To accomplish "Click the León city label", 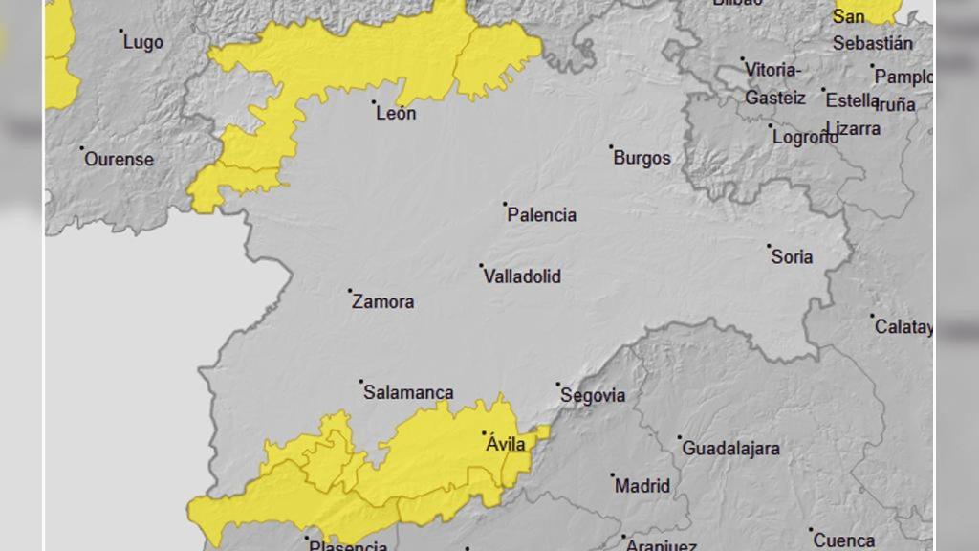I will click(397, 113).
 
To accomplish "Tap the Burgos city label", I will click(642, 159).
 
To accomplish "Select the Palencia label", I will click(542, 215).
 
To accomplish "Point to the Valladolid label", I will click(522, 276).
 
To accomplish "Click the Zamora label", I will click(383, 302).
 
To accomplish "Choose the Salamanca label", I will click(408, 393).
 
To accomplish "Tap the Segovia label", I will click(593, 395).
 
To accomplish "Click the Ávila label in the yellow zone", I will click(506, 445).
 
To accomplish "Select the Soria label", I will click(792, 256).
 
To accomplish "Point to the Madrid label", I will click(642, 486).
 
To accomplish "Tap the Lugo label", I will click(143, 43).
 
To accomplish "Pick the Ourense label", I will click(119, 160).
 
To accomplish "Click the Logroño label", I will click(806, 137).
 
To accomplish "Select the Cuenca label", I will click(844, 540).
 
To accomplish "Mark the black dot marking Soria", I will click(769, 246).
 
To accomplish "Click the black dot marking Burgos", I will click(611, 147).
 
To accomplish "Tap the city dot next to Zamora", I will click(350, 291).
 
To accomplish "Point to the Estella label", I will click(852, 100).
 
